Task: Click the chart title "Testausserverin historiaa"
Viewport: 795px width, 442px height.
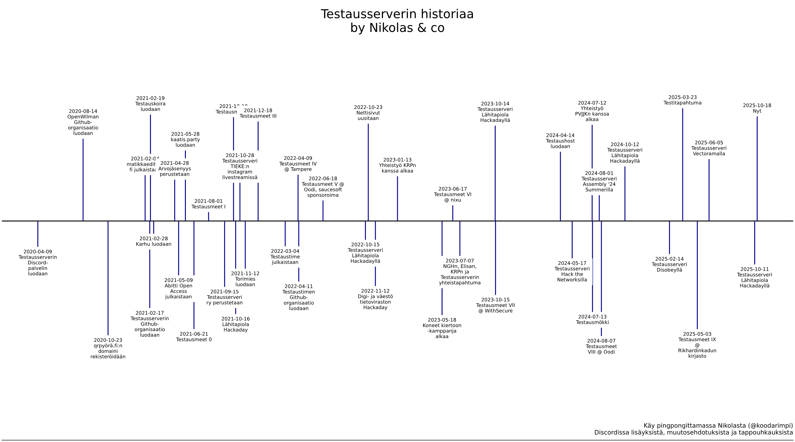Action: (397, 14)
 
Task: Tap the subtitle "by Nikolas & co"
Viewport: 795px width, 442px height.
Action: (397, 28)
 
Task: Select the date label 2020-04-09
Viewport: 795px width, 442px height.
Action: (38, 252)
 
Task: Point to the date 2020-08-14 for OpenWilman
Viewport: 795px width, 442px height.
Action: (83, 111)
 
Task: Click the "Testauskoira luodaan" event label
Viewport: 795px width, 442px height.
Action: (150, 107)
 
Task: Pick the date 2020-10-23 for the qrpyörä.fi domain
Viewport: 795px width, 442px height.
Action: (108, 340)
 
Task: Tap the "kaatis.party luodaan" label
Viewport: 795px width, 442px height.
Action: (185, 142)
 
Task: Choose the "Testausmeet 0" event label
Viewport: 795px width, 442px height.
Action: (194, 340)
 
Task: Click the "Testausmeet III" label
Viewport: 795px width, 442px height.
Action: (258, 116)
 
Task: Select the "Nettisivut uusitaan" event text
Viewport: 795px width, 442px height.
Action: (368, 116)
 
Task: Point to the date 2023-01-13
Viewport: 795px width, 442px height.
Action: (397, 160)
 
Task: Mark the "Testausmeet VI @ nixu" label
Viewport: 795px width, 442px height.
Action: (452, 197)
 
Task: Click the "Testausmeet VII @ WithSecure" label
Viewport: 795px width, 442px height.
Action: (495, 308)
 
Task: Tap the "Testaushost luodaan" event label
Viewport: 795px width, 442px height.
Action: (560, 144)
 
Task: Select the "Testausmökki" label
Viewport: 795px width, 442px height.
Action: (592, 323)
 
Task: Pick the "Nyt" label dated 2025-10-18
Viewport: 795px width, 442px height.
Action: (757, 111)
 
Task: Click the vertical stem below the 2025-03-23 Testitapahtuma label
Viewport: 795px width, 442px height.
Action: (682, 164)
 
